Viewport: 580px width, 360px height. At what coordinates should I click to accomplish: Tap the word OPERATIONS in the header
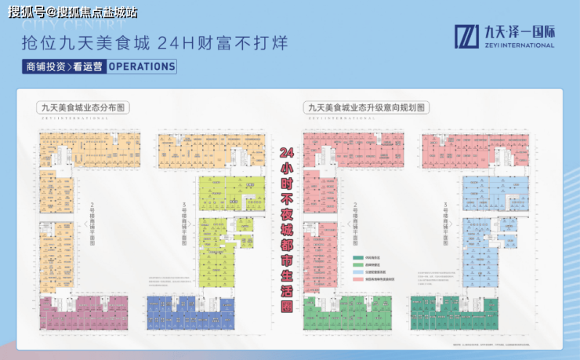[141, 66]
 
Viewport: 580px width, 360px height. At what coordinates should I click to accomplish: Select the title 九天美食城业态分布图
[82, 107]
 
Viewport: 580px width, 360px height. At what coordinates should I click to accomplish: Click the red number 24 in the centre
[288, 152]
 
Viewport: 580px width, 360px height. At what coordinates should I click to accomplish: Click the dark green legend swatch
[357, 257]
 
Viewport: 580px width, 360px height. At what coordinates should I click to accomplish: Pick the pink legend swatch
[357, 278]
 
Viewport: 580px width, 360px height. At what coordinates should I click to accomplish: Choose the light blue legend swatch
[357, 271]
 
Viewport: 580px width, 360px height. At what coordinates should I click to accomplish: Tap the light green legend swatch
[357, 264]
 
